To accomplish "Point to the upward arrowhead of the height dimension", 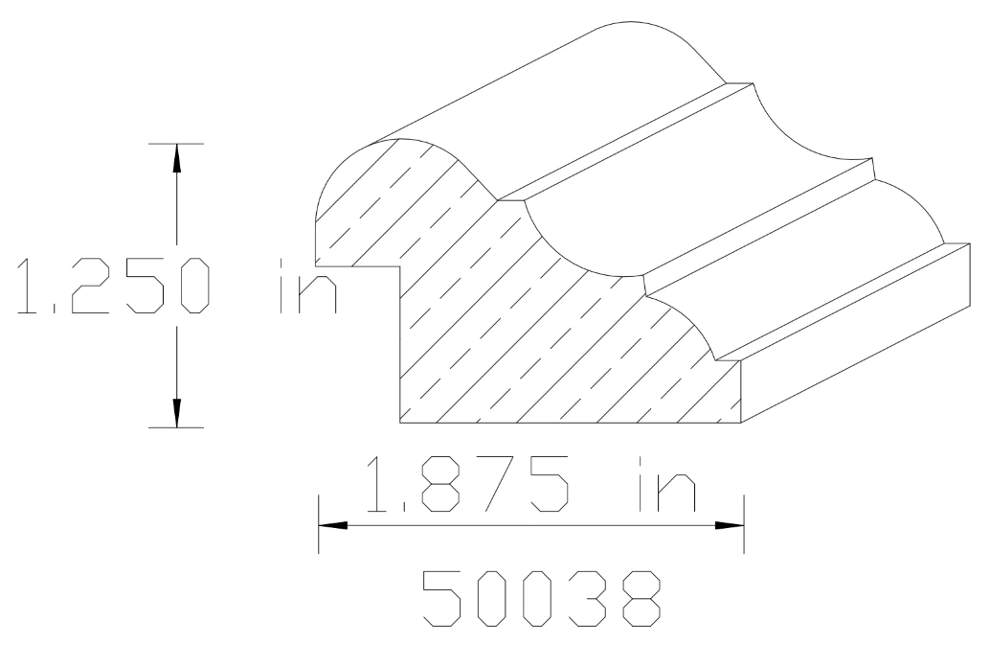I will click(x=176, y=158).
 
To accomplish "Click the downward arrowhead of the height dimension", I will click(x=176, y=411).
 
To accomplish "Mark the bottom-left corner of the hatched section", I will click(x=400, y=421).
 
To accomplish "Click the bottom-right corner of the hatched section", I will click(x=744, y=421).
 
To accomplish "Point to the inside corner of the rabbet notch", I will click(x=400, y=267).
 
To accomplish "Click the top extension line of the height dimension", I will click(x=176, y=144).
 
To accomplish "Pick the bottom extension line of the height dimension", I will click(x=176, y=426).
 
